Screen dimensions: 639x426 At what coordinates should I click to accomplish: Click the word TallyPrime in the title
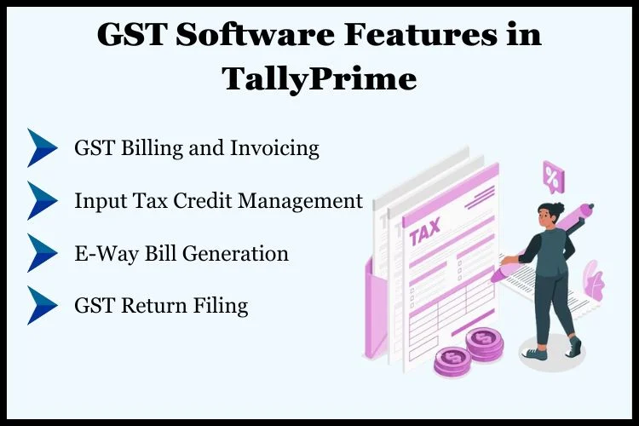point(319,79)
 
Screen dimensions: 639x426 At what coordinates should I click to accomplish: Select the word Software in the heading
point(255,35)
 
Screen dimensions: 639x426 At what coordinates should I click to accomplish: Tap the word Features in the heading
point(421,35)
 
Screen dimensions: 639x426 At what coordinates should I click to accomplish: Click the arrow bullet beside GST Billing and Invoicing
point(42,147)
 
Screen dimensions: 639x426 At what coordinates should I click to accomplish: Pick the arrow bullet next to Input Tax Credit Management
point(42,200)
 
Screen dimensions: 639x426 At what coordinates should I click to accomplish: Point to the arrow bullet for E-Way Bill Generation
point(42,253)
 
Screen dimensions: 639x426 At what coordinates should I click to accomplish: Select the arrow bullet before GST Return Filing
point(42,305)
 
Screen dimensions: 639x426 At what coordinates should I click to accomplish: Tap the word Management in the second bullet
point(300,201)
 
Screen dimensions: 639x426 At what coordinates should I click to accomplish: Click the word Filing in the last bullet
point(221,306)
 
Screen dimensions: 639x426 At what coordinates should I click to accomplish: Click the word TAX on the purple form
point(424,231)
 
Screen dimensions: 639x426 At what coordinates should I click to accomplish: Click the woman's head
point(549,214)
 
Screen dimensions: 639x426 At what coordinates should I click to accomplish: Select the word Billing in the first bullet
point(152,148)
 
